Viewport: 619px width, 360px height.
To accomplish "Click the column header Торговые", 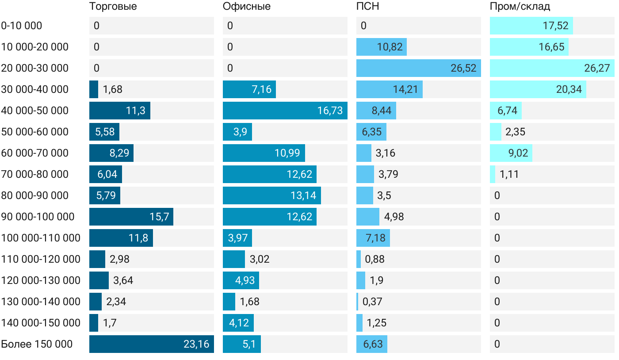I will click(113, 6).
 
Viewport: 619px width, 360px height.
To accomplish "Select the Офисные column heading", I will click(247, 6).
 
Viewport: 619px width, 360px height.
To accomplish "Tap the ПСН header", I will click(368, 6).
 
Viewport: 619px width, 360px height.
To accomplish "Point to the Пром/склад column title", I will click(520, 6).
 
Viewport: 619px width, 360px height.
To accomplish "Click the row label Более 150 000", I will click(37, 344).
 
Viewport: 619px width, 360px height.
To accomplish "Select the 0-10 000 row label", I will click(22, 26).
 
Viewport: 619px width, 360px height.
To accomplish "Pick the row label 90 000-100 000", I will click(38, 217).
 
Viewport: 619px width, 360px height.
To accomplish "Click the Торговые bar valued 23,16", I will click(152, 344).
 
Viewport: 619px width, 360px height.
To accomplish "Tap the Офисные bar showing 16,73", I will click(285, 111).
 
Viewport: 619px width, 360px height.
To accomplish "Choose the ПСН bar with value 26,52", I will click(419, 68).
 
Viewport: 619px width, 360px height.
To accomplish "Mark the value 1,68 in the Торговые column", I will click(112, 89).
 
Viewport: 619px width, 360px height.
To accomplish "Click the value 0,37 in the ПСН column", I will click(372, 302).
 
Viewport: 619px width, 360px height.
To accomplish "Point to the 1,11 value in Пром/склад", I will click(509, 174).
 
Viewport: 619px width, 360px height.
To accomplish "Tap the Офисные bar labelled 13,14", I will click(272, 195).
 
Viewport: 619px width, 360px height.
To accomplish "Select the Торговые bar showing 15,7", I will click(131, 217).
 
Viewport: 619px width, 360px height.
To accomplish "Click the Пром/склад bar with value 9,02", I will click(511, 153).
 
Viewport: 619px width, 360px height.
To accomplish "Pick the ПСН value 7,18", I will click(375, 238).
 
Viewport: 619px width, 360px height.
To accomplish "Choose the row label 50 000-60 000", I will click(35, 132).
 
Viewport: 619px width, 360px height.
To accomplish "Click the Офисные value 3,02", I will click(260, 259).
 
